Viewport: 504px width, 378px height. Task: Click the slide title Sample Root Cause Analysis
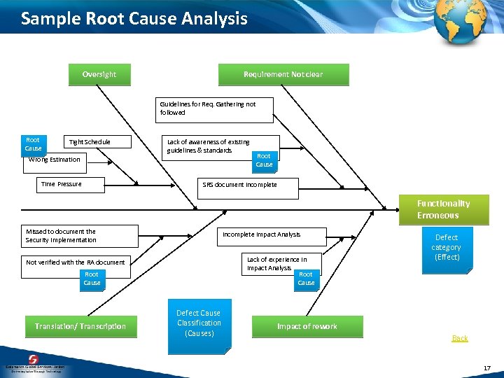(x=134, y=18)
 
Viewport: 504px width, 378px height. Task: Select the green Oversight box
(x=99, y=74)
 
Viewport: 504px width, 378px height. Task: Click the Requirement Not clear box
(x=283, y=74)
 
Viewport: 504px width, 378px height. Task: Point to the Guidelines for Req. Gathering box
(x=214, y=108)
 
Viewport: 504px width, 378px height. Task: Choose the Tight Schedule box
(x=90, y=142)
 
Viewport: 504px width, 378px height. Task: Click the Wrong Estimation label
(x=55, y=160)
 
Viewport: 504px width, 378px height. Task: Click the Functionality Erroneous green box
(x=443, y=209)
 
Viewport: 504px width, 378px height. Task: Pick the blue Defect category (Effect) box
(x=446, y=247)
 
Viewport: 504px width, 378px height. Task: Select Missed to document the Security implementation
(x=61, y=236)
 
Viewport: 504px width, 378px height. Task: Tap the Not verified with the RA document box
(x=76, y=262)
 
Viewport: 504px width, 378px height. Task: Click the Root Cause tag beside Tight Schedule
(x=33, y=144)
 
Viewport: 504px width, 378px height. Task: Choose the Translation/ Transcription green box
(x=80, y=326)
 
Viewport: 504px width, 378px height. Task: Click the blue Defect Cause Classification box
(x=199, y=323)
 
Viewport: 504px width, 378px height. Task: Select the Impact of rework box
(x=307, y=326)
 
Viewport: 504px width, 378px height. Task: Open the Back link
(x=459, y=338)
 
